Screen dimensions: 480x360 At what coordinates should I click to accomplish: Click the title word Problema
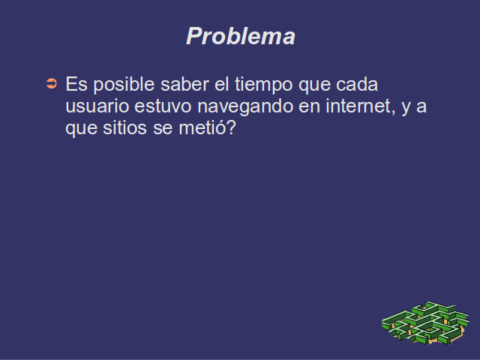point(241,36)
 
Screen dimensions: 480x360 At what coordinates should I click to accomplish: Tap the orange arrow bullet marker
point(52,83)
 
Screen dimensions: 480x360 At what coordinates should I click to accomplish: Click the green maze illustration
point(425,323)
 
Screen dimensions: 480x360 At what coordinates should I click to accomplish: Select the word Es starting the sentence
point(76,84)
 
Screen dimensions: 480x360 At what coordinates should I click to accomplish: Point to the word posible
point(124,85)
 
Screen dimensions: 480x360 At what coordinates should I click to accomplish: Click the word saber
point(184,84)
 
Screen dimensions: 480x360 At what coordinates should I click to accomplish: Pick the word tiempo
point(263,85)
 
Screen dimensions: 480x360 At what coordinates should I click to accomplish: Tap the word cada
point(357,84)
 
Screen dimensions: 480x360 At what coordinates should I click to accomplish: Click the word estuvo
point(163,106)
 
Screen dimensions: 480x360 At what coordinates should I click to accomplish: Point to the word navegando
point(245,106)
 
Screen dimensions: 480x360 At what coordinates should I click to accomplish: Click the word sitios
point(124,127)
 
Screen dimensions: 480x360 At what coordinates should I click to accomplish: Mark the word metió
point(202,127)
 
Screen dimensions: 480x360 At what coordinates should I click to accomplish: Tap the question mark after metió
point(232,127)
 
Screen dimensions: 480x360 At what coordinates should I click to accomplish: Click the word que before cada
point(314,85)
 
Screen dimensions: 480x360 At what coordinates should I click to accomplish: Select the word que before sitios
point(81,130)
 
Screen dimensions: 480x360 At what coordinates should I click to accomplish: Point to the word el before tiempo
point(222,84)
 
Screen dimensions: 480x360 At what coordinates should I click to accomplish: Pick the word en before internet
point(309,107)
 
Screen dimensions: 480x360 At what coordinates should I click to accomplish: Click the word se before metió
point(163,129)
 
